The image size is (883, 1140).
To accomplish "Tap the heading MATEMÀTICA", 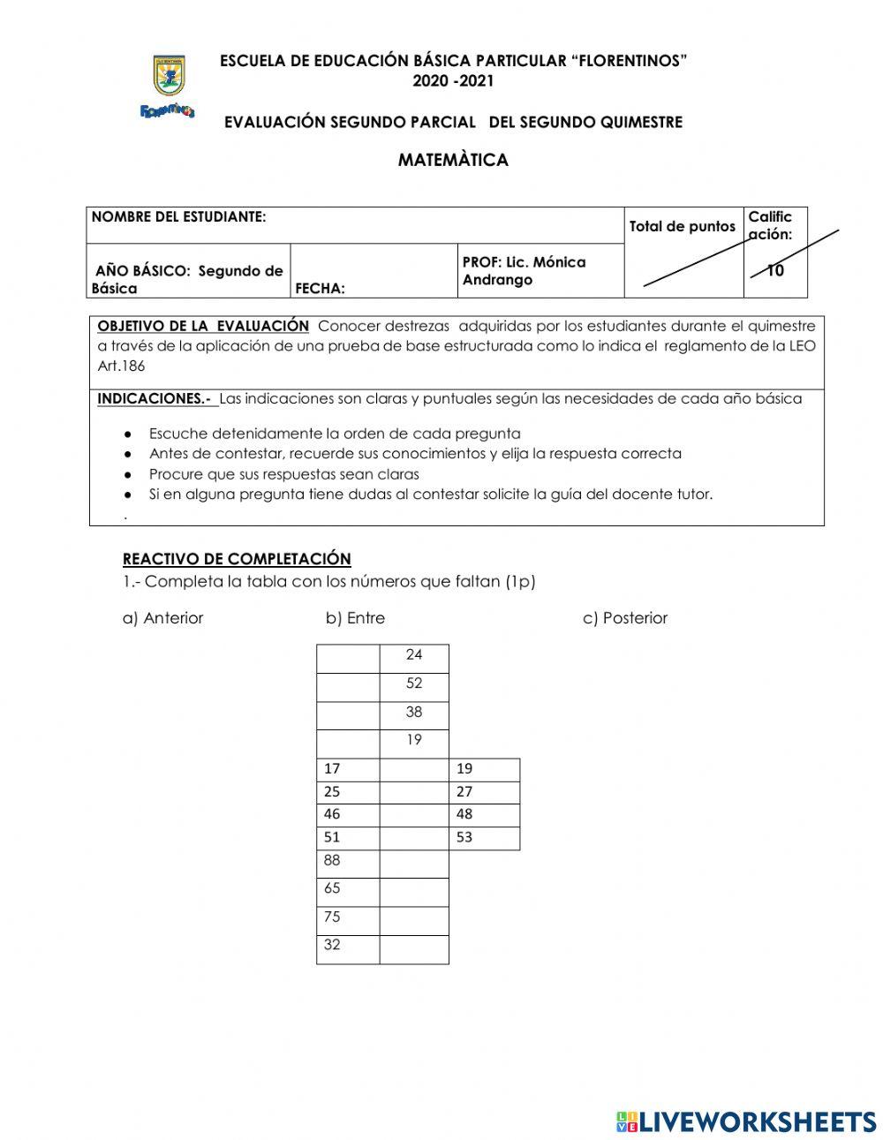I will click(453, 160).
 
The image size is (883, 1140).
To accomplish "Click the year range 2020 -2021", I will click(453, 81).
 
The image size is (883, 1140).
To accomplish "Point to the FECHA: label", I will click(320, 289).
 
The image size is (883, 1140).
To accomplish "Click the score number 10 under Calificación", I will click(775, 271).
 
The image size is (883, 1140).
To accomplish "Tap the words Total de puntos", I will click(682, 227).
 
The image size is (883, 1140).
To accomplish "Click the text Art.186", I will click(121, 366).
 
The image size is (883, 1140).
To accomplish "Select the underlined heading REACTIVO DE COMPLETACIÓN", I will click(237, 559).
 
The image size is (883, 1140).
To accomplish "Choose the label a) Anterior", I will click(162, 618).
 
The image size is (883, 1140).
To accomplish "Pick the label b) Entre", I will click(355, 618).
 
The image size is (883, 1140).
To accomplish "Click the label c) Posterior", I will click(625, 618).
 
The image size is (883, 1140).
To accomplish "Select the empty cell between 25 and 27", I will click(414, 792).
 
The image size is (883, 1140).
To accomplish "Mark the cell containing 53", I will click(484, 838).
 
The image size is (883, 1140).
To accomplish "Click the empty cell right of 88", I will click(414, 864).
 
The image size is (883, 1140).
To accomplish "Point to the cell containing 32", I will click(348, 948).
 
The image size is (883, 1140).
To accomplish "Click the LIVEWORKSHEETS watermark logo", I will click(746, 1121).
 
